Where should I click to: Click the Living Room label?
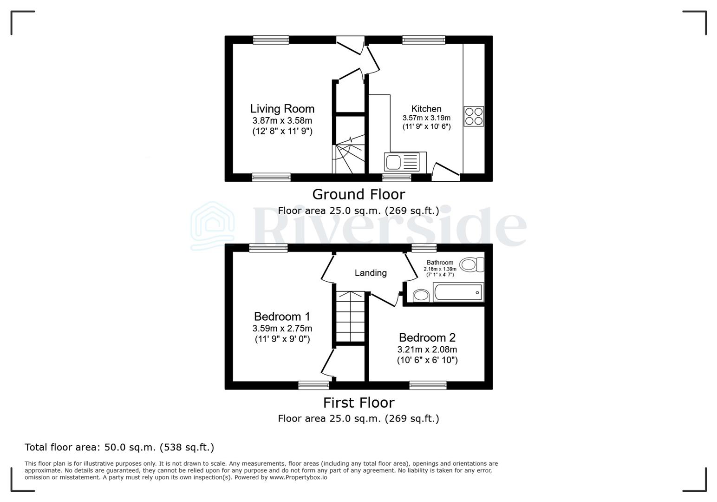pos(282,109)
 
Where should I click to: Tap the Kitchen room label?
pos(426,109)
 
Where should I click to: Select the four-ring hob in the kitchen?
pos(474,116)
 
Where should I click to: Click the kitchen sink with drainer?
pos(402,163)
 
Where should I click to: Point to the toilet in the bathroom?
pos(472,265)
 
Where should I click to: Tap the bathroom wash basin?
pos(421,295)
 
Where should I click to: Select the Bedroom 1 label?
pos(282,317)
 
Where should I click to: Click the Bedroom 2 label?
pos(427,337)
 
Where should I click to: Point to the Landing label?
pos(371,273)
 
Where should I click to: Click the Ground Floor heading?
pos(358,194)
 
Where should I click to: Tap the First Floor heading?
pos(358,403)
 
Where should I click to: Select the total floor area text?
pos(119,447)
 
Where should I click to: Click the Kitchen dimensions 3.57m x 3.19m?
pos(426,118)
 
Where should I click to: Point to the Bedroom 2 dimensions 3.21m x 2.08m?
pos(427,350)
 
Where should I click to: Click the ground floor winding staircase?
pos(349,156)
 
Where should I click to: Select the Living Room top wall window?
pos(271,40)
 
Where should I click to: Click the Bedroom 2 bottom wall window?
pos(428,385)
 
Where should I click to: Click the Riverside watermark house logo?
pos(213,226)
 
